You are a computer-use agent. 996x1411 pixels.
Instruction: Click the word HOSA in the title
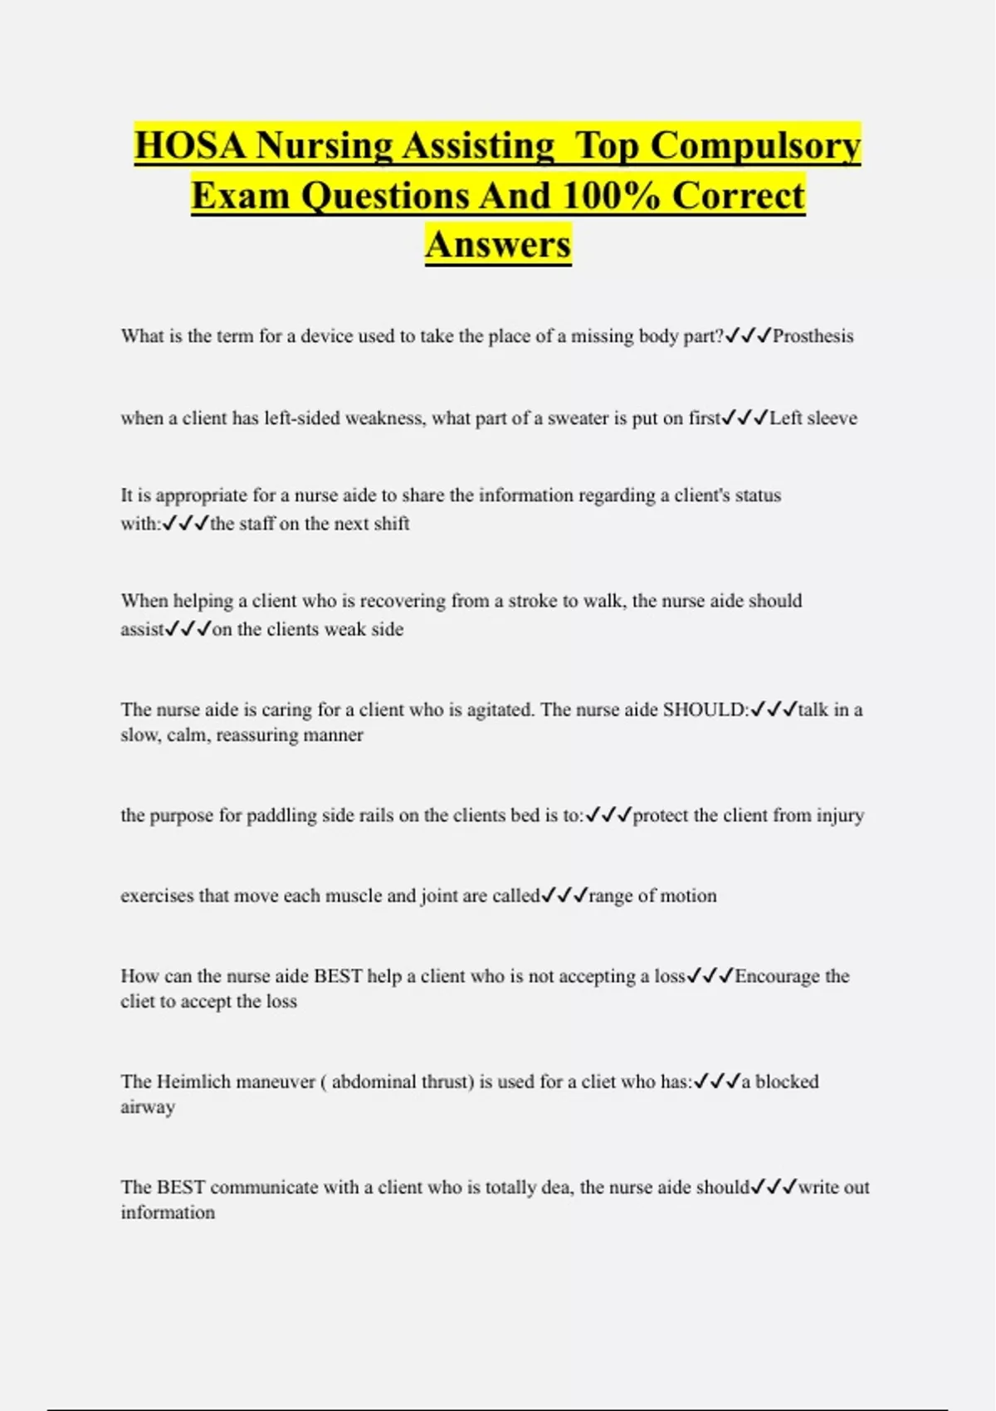(191, 146)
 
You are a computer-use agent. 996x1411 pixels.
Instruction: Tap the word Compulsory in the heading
(755, 146)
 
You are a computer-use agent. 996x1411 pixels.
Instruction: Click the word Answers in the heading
(498, 245)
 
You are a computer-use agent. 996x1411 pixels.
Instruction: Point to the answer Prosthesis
(813, 336)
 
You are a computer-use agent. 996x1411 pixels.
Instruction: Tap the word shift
(393, 524)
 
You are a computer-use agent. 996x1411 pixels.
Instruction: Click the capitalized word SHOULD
(704, 710)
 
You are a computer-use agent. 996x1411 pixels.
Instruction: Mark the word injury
(840, 816)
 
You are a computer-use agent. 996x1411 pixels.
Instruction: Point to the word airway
(148, 1107)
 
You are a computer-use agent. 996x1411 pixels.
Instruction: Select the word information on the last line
(168, 1213)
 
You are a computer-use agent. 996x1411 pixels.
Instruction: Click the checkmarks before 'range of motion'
(564, 896)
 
